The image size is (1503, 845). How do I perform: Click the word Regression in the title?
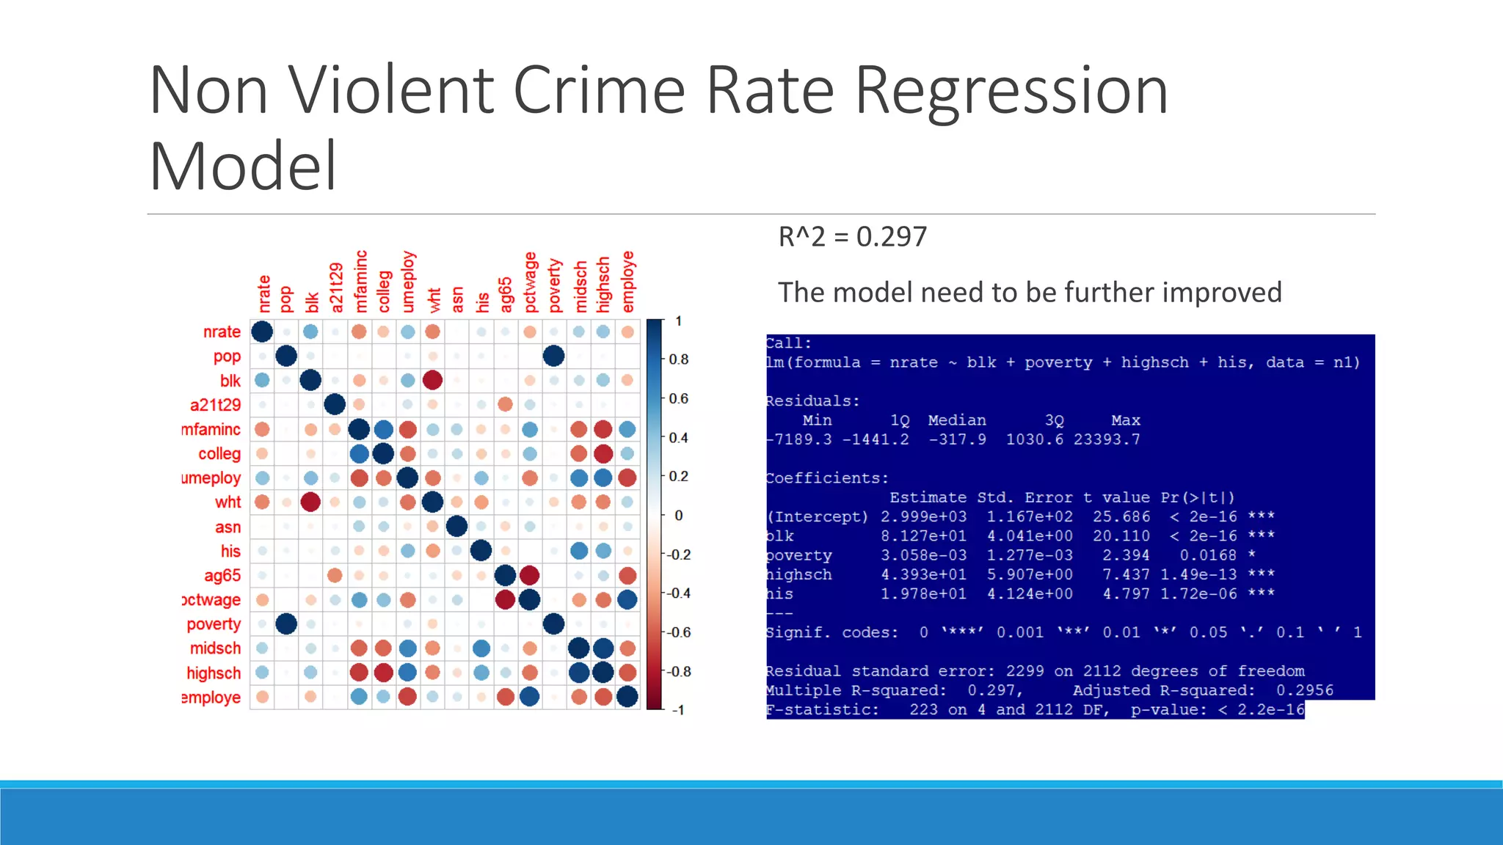1011,91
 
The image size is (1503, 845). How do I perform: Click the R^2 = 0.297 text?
852,237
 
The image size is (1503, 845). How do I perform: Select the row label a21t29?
215,405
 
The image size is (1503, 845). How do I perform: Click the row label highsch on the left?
214,673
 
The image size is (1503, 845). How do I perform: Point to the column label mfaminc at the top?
360,282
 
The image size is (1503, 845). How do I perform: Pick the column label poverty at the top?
555,285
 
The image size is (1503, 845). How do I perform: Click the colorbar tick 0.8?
679,359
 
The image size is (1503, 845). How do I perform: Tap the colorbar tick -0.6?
679,632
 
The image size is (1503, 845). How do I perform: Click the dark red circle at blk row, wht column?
432,380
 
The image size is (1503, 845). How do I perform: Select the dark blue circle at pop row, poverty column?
554,356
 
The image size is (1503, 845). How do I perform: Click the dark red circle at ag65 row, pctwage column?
529,575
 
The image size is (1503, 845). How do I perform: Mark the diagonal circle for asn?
456,526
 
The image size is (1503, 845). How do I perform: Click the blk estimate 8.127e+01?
923,536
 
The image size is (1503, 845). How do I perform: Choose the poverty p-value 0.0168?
1207,555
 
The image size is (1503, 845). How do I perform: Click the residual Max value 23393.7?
1107,439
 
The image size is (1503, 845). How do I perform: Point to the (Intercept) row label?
817,517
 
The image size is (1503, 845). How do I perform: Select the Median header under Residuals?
956,420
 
